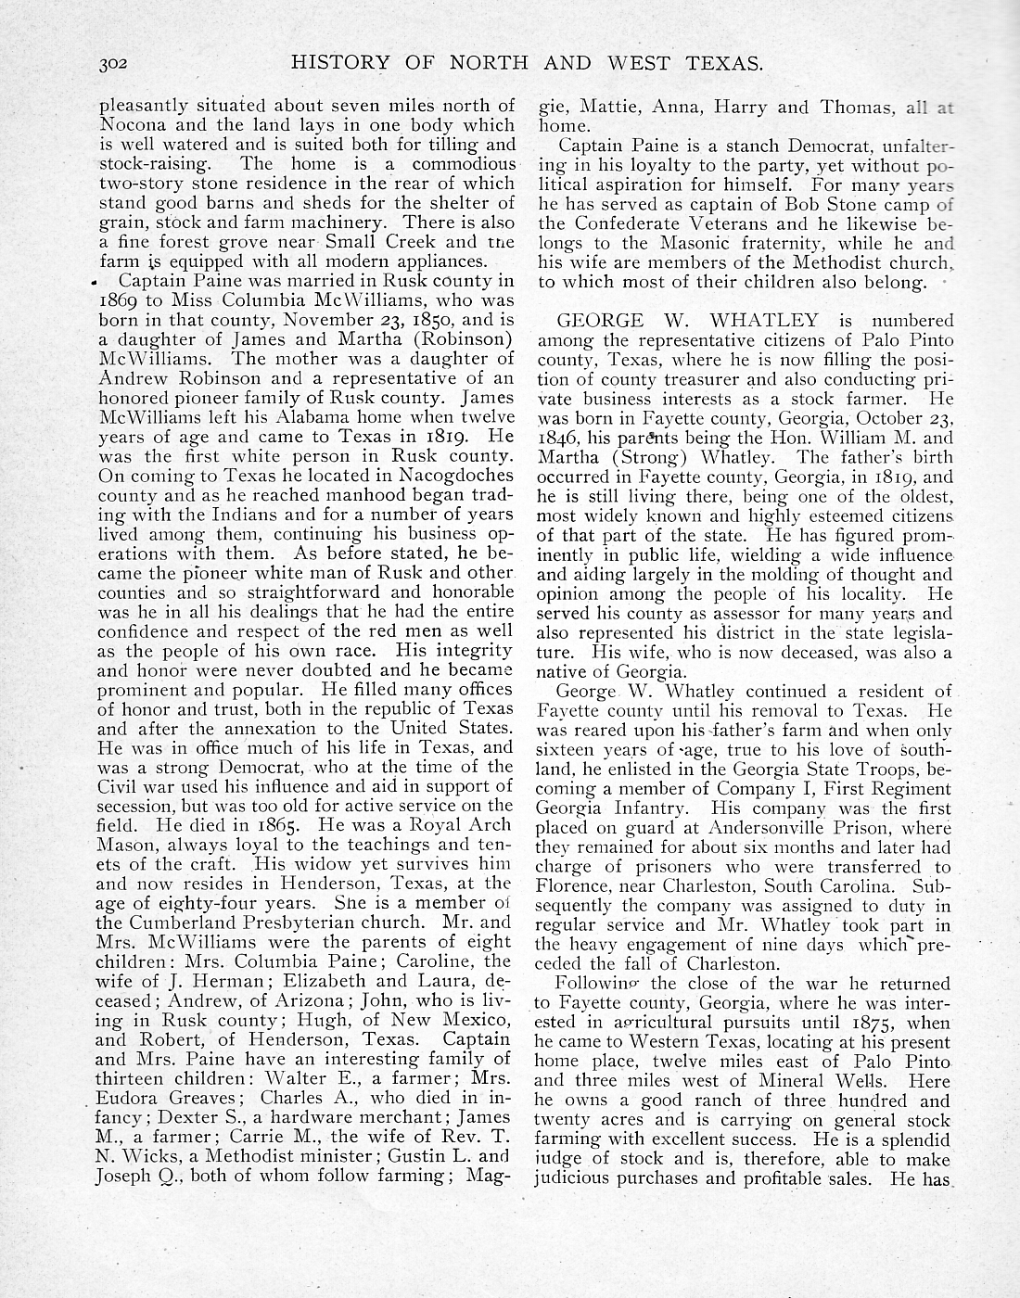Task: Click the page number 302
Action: tap(118, 64)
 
